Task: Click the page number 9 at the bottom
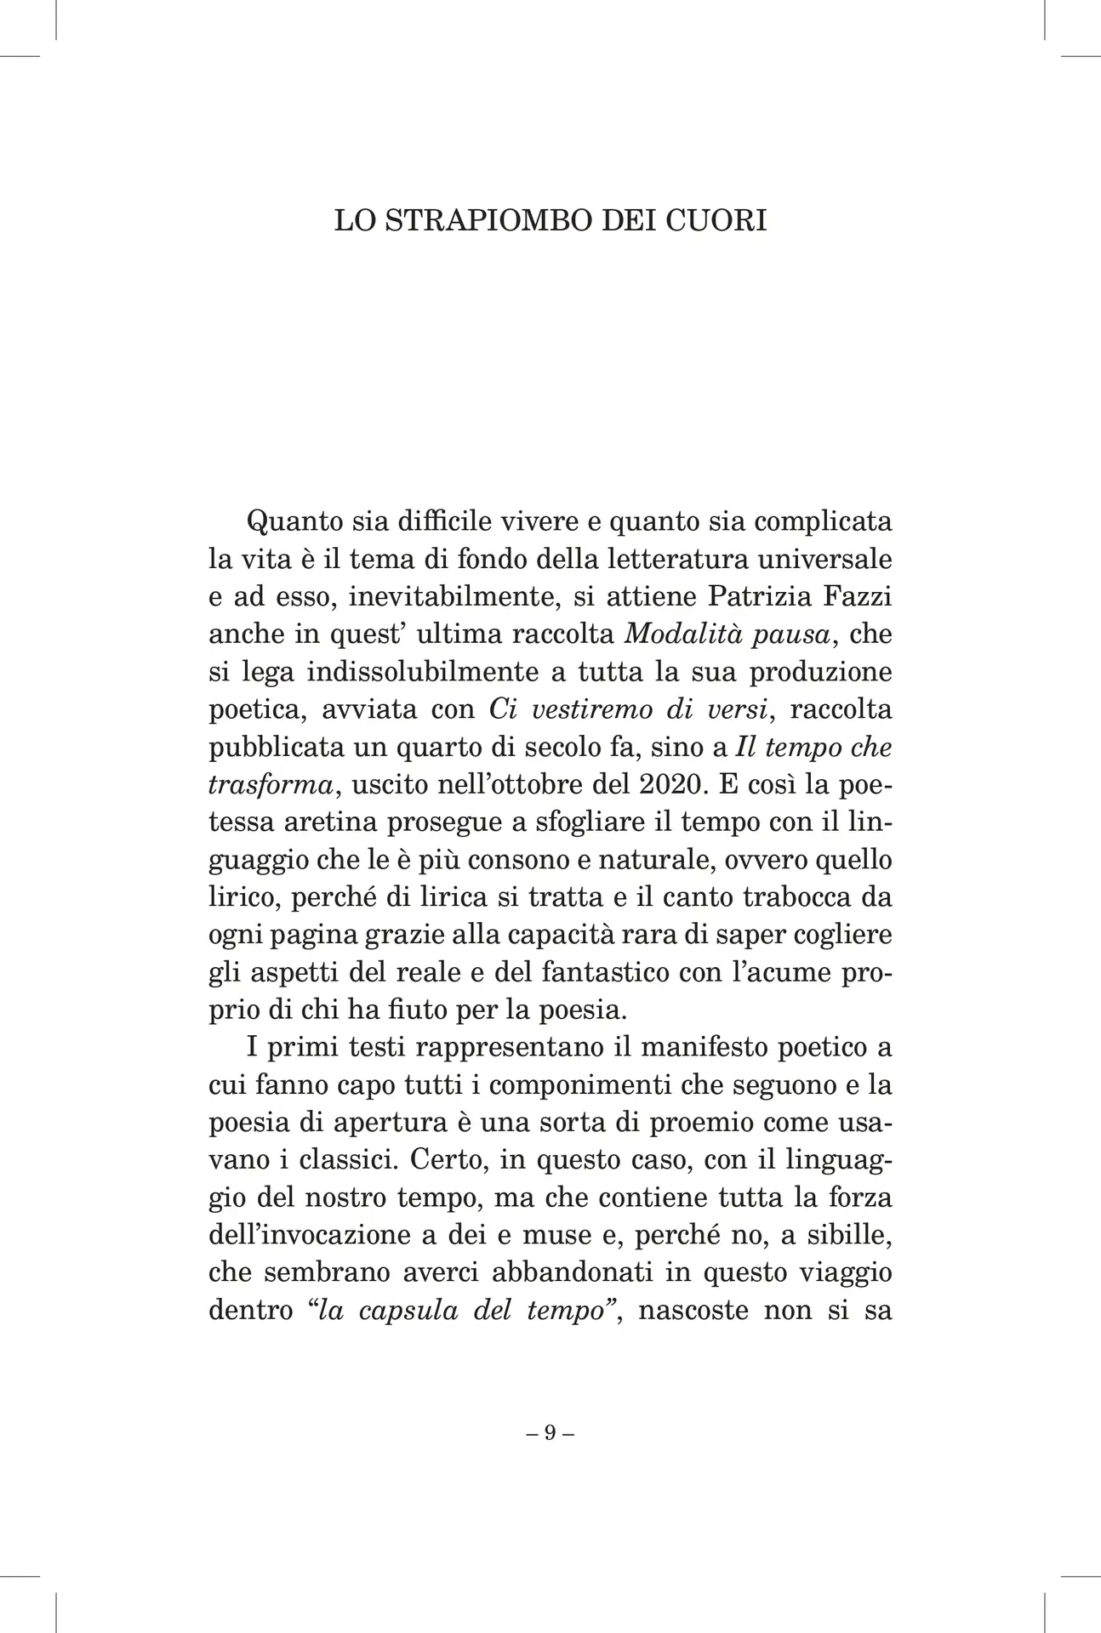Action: (x=550, y=1432)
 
